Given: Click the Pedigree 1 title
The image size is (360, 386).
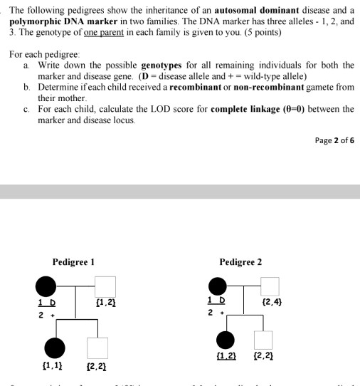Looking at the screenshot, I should point(73,262).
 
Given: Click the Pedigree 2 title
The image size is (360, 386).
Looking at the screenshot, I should point(240,262).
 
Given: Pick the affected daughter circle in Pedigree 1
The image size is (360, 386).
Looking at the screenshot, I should point(54,347).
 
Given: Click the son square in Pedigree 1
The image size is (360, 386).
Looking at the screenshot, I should point(97,348).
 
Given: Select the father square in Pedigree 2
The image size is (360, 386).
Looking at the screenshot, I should point(270,286).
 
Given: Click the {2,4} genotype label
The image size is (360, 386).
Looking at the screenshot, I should point(272,303).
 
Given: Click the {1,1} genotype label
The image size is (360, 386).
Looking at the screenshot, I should point(52,367).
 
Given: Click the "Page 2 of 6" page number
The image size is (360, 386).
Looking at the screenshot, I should point(334,140).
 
